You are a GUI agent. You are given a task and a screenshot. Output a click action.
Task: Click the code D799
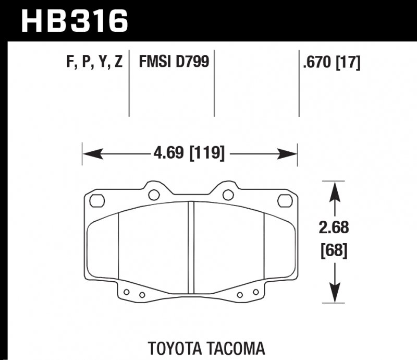pyautogui.click(x=193, y=63)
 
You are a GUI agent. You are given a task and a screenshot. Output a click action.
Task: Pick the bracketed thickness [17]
pyautogui.click(x=348, y=63)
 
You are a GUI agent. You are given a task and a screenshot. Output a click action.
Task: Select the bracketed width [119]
pyautogui.click(x=207, y=154)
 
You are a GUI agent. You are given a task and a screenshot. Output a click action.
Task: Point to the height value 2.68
pyautogui.click(x=334, y=228)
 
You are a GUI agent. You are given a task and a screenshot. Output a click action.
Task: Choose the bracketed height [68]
pyautogui.click(x=334, y=251)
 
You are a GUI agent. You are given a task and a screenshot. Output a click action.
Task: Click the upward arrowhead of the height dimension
pyautogui.click(x=334, y=190)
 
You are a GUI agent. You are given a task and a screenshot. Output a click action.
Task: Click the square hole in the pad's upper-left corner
pyautogui.click(x=97, y=200)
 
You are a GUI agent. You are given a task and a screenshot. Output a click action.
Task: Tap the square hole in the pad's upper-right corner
pyautogui.click(x=284, y=200)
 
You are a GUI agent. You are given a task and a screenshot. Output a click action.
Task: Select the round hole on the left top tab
pyautogui.click(x=154, y=195)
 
